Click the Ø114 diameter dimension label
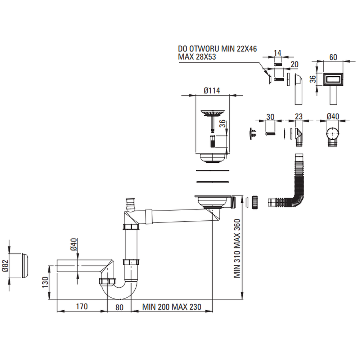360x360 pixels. pos(211,91)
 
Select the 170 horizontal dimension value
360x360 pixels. pos(82,307)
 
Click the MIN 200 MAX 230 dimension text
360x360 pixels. pos(172,307)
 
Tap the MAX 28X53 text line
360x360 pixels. pos(197,57)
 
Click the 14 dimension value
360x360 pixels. pos(277,53)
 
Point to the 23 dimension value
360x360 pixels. pos(298,117)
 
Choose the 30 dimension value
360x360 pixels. pos(270,117)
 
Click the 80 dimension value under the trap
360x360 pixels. pos(119,307)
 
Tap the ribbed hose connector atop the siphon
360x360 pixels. pos(129,204)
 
